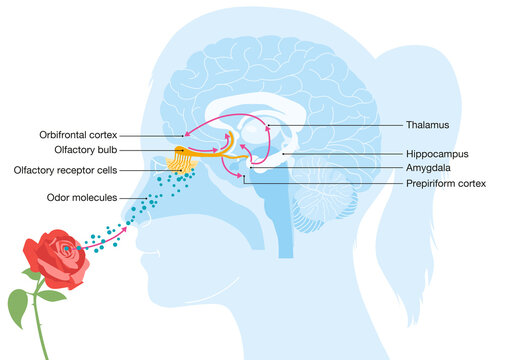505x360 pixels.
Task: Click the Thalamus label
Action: tap(428, 126)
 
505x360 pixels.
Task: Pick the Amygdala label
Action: tap(430, 170)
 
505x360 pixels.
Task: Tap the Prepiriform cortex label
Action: tap(446, 185)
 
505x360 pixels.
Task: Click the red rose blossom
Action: tap(56, 256)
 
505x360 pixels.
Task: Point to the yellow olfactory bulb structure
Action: tap(180, 152)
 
